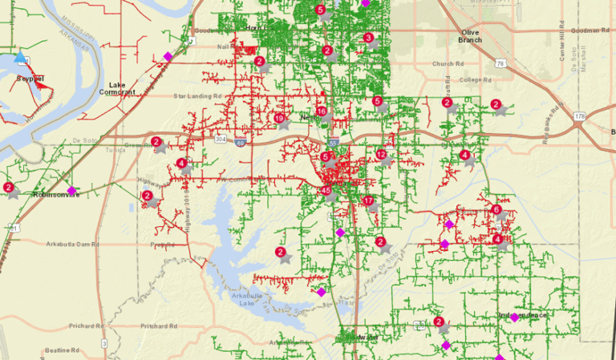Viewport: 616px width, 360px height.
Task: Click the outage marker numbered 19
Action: pos(279,119)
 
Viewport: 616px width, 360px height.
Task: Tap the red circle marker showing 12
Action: pos(381,155)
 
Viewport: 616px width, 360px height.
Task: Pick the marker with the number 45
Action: pos(326,191)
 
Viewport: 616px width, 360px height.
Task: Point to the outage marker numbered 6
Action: pos(496,210)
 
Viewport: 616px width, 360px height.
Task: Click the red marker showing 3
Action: pos(367,38)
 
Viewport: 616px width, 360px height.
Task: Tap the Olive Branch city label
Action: pos(470,35)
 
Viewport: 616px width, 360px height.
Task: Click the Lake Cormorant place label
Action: pos(117,87)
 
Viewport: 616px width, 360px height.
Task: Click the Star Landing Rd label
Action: pos(197,96)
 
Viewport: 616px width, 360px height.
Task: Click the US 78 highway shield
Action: pos(500,63)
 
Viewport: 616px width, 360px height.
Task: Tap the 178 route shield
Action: pos(579,116)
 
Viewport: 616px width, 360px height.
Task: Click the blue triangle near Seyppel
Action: pos(20,58)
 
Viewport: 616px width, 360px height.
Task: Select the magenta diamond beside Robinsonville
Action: pos(71,191)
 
